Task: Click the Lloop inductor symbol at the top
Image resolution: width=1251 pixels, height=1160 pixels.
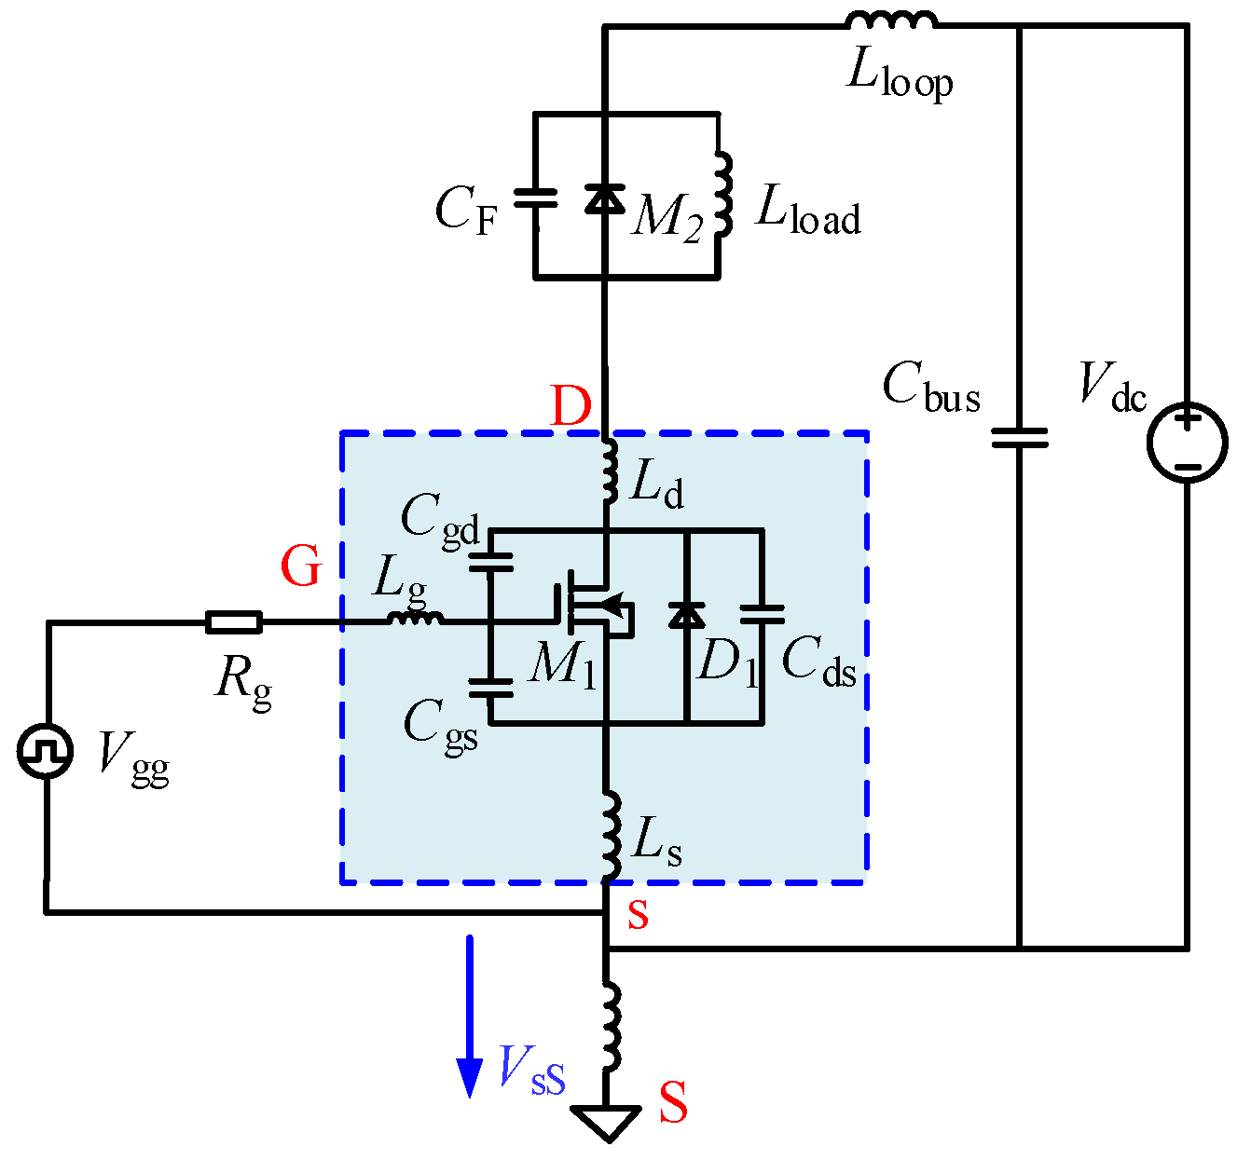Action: click(889, 20)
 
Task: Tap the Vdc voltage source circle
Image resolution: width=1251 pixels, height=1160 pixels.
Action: click(1187, 443)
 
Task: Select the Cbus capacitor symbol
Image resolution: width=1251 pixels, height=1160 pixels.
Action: click(1019, 438)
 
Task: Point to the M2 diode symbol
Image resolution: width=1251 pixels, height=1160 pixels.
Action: click(605, 198)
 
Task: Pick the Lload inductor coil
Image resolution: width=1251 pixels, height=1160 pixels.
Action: click(722, 195)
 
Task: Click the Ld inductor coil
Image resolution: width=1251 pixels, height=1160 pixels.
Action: click(610, 471)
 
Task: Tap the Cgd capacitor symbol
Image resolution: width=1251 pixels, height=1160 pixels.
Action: click(490, 562)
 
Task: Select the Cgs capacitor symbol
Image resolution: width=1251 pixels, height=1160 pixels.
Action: click(490, 688)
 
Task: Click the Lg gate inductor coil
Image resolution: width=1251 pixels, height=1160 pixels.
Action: click(416, 619)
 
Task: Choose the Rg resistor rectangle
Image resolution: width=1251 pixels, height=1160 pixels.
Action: click(233, 622)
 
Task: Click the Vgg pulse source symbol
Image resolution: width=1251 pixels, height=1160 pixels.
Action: click(45, 751)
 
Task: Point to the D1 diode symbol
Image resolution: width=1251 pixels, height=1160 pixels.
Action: click(687, 615)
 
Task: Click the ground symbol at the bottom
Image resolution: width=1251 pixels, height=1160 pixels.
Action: click(608, 1121)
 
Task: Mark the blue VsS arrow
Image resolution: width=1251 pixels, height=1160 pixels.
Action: click(470, 1016)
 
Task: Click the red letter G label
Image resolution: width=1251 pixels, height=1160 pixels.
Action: click(301, 566)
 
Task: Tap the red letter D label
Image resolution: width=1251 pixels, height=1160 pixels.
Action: click(571, 406)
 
